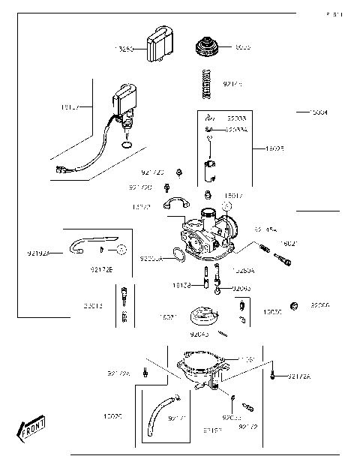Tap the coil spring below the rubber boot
click(x=208, y=82)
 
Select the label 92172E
click(x=100, y=268)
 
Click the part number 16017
click(x=233, y=195)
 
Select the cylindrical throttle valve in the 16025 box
click(x=208, y=172)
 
